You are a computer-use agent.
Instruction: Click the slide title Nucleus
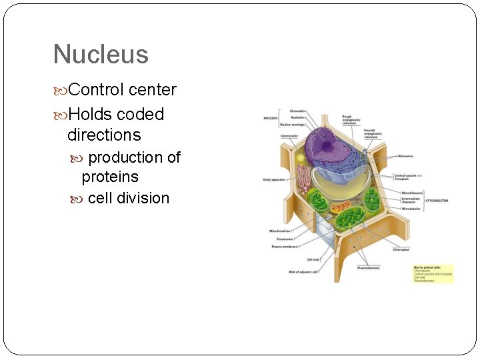[101, 55]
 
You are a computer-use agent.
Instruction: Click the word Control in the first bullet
[96, 90]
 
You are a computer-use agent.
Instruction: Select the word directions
[104, 135]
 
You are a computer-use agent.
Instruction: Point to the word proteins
[110, 177]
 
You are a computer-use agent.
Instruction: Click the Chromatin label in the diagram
[297, 111]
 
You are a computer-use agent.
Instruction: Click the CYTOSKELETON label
[437, 199]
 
